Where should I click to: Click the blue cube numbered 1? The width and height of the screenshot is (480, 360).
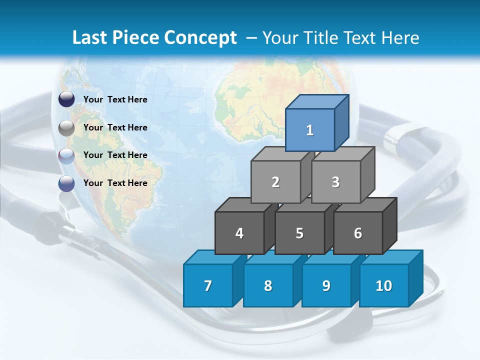pyautogui.click(x=310, y=130)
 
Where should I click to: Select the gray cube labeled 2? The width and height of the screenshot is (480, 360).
pyautogui.click(x=275, y=182)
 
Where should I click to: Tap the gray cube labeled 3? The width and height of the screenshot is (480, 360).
pyautogui.click(x=335, y=182)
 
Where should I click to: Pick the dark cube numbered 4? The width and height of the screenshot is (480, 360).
pyautogui.click(x=239, y=233)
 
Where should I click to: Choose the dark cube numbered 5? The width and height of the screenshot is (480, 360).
pyautogui.click(x=299, y=233)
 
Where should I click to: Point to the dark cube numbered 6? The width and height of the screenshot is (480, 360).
pyautogui.click(x=358, y=233)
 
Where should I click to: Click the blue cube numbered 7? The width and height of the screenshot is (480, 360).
pyautogui.click(x=208, y=285)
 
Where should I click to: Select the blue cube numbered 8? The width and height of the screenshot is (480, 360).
pyautogui.click(x=268, y=285)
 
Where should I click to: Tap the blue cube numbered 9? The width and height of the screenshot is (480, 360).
pyautogui.click(x=326, y=285)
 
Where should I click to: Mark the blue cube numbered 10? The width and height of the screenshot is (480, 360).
pyautogui.click(x=383, y=285)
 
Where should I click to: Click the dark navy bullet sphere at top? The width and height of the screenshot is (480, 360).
pyautogui.click(x=66, y=99)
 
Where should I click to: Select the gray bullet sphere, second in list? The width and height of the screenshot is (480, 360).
pyautogui.click(x=66, y=128)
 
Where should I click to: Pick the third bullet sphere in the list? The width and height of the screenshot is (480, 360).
pyautogui.click(x=66, y=156)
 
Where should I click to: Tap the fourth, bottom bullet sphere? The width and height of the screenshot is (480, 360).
pyautogui.click(x=66, y=183)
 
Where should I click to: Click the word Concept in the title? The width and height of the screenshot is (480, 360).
pyautogui.click(x=200, y=38)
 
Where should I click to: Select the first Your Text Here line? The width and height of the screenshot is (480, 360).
pyautogui.click(x=115, y=99)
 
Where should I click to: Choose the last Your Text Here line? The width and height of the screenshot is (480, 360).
pyautogui.click(x=115, y=183)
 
